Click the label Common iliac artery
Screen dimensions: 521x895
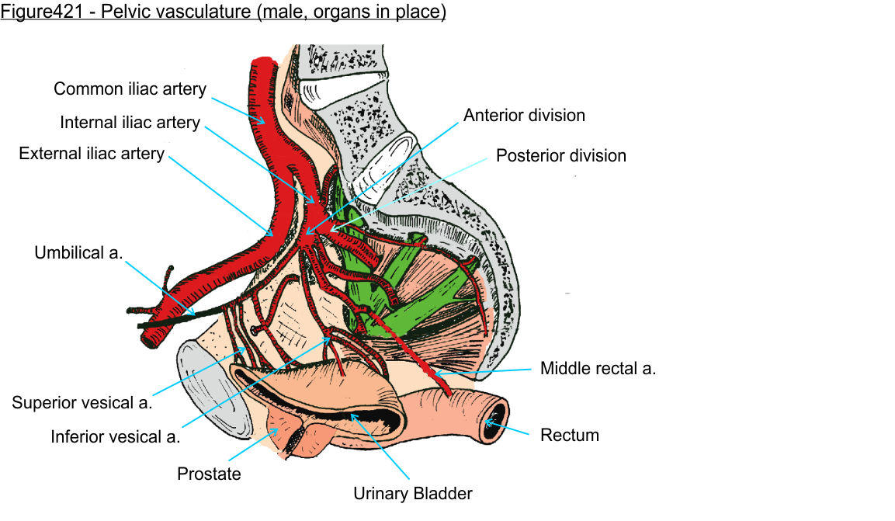tap(130, 89)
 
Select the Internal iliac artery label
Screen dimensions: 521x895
tap(130, 123)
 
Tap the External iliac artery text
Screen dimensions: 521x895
tap(92, 153)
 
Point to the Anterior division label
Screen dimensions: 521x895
tap(524, 115)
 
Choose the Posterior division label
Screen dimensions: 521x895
tap(560, 155)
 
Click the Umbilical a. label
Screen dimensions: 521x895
tap(78, 252)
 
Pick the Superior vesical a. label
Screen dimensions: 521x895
tap(82, 402)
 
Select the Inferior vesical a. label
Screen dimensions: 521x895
tap(115, 436)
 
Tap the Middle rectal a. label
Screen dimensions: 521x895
tap(598, 368)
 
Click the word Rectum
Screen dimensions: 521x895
tap(569, 435)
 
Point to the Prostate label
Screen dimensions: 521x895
tap(209, 473)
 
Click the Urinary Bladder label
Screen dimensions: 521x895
tap(412, 493)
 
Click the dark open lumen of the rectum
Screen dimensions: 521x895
tap(491, 422)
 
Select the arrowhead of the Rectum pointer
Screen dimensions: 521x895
tap(487, 422)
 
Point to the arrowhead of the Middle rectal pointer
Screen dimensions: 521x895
tap(436, 375)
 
